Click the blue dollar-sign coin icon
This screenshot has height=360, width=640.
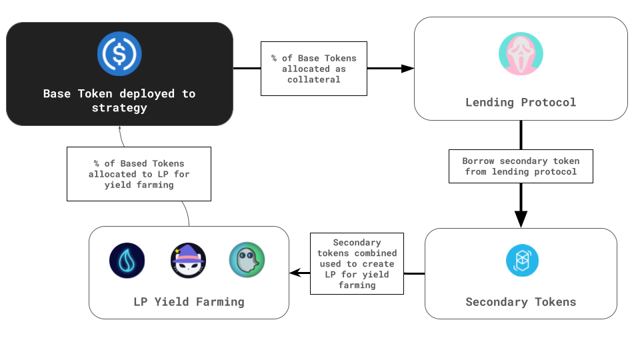pyautogui.click(x=119, y=53)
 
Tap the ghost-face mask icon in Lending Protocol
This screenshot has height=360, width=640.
pyautogui.click(x=521, y=54)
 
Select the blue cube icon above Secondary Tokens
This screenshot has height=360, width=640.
pyautogui.click(x=522, y=261)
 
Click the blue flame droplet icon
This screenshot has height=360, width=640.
pyautogui.click(x=127, y=261)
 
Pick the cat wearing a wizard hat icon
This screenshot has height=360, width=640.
pyautogui.click(x=188, y=261)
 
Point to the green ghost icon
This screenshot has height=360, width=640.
pyautogui.click(x=247, y=260)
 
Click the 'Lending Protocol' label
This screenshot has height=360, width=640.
pyautogui.click(x=521, y=102)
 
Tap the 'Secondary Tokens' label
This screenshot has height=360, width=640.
pyautogui.click(x=521, y=302)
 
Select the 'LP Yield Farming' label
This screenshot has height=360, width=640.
pyautogui.click(x=189, y=302)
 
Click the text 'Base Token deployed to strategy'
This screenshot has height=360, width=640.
pyautogui.click(x=119, y=101)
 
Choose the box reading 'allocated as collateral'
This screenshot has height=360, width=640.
pyautogui.click(x=314, y=69)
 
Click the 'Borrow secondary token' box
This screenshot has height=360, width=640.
pyautogui.click(x=521, y=166)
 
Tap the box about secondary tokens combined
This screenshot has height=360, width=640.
pyautogui.click(x=357, y=264)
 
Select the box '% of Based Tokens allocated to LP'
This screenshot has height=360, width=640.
pyautogui.click(x=139, y=174)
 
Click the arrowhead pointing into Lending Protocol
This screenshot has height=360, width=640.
pyautogui.click(x=408, y=69)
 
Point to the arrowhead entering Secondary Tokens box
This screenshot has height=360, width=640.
pyautogui.click(x=521, y=219)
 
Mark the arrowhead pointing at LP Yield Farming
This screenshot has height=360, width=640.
pyautogui.click(x=295, y=273)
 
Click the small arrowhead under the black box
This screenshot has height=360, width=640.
pyautogui.click(x=119, y=128)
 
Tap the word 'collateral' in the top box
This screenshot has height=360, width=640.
pyautogui.click(x=314, y=79)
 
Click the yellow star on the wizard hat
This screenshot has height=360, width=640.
pyautogui.click(x=177, y=251)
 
